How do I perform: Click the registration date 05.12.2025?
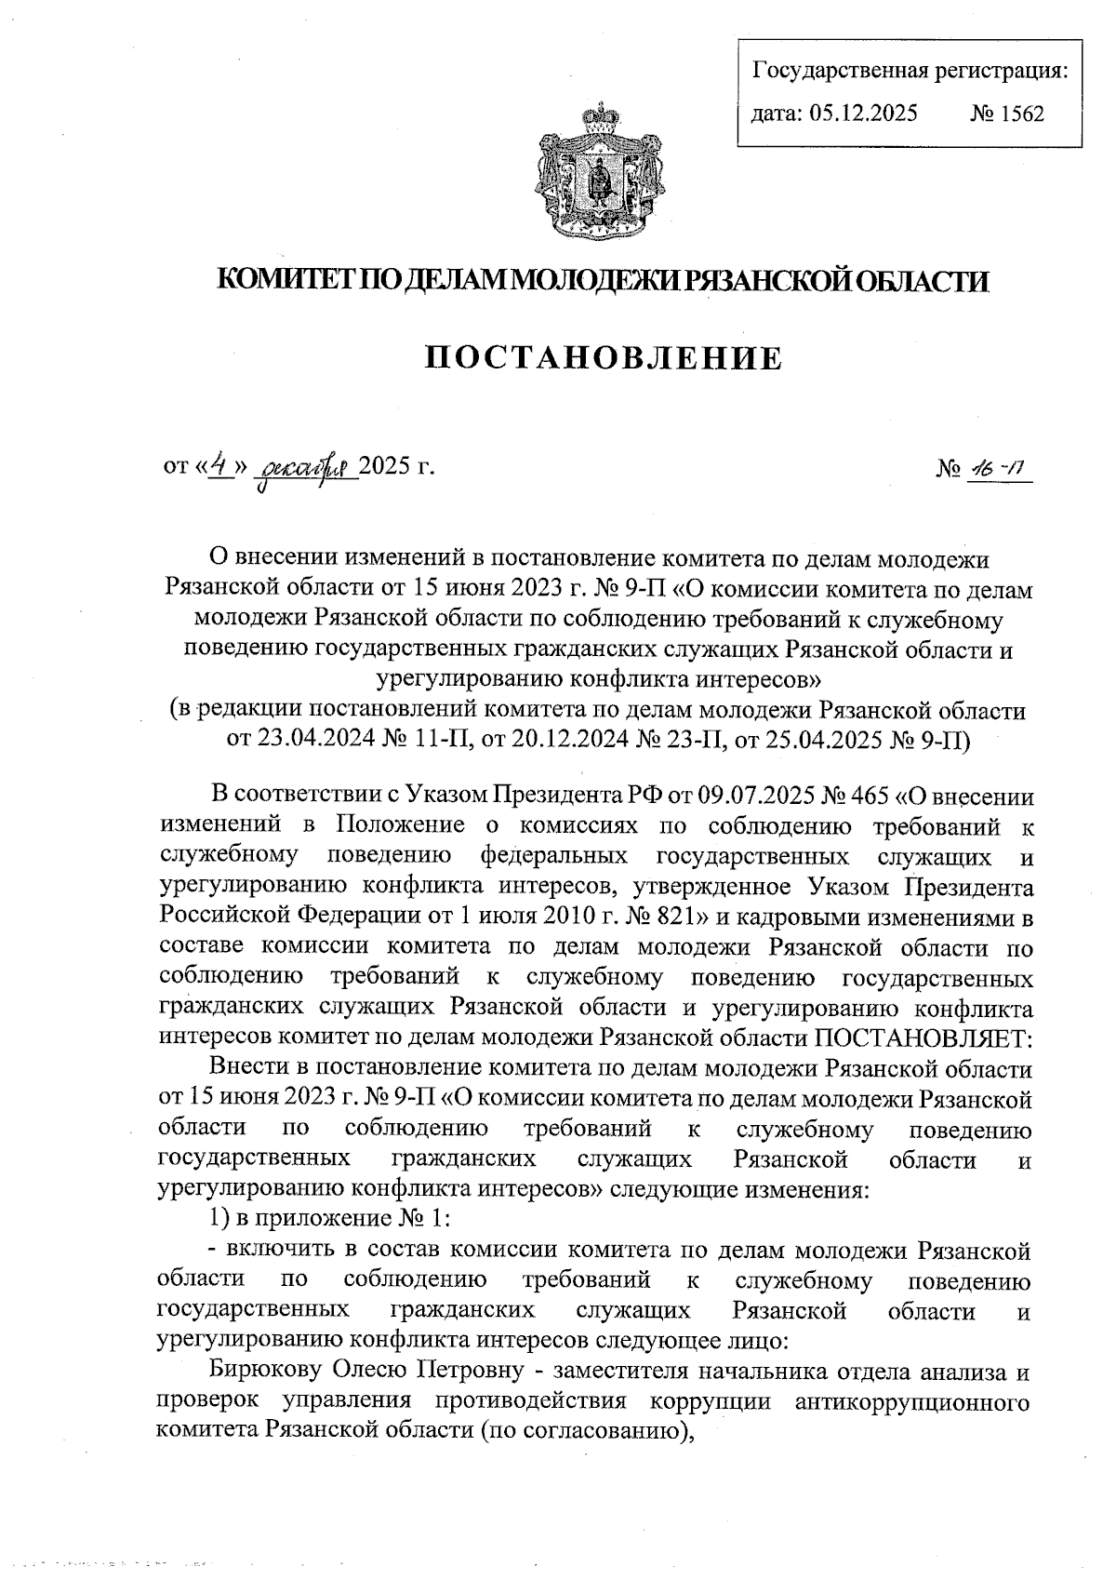click(x=862, y=114)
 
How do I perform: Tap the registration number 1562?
click(x=1020, y=114)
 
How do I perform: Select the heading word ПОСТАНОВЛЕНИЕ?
click(x=604, y=358)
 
